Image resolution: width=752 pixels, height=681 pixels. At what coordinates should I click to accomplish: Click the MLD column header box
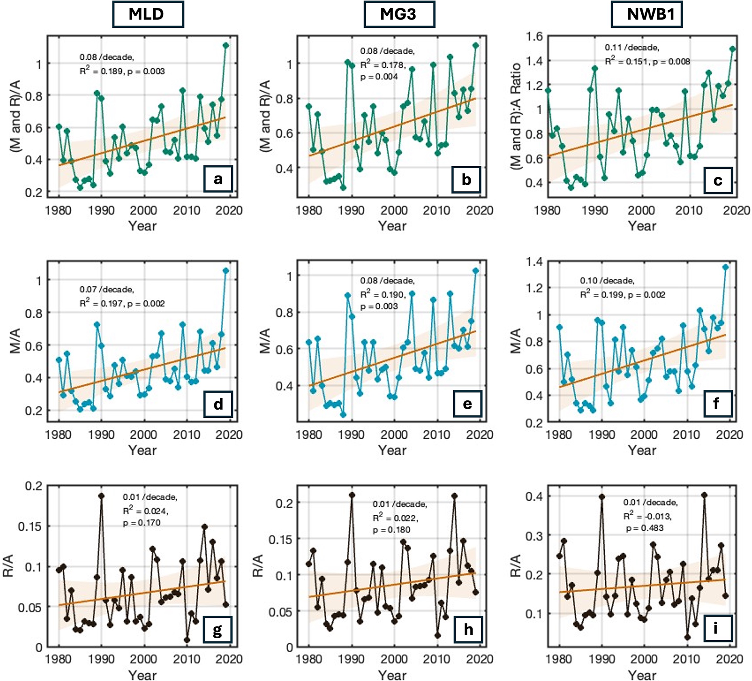pyautogui.click(x=148, y=14)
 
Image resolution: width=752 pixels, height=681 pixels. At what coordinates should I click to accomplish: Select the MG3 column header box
pyautogui.click(x=399, y=14)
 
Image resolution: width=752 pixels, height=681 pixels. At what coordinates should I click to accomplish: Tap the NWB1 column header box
pyautogui.click(x=646, y=14)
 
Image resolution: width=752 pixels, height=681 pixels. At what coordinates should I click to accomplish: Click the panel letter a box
pyautogui.click(x=218, y=179)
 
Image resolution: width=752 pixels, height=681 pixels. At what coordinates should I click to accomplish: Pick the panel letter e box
pyautogui.click(x=467, y=404)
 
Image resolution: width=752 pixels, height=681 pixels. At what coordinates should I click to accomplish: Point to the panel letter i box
pyautogui.click(x=718, y=628)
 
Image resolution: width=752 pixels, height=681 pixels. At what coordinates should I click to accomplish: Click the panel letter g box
pyautogui.click(x=218, y=630)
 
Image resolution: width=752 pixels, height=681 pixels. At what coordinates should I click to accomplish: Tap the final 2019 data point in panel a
pyautogui.click(x=226, y=46)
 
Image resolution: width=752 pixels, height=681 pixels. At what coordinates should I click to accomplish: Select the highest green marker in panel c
pyautogui.click(x=732, y=49)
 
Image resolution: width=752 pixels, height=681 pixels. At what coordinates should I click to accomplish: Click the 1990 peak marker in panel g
pyautogui.click(x=101, y=496)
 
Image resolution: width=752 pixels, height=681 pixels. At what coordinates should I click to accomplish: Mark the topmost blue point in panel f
pyautogui.click(x=726, y=267)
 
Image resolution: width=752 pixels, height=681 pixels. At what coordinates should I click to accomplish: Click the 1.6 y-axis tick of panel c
pyautogui.click(x=534, y=37)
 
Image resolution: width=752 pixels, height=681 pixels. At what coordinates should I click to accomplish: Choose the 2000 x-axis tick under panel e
pyautogui.click(x=394, y=435)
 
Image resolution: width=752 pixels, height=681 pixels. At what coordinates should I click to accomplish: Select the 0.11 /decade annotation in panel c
pyautogui.click(x=632, y=47)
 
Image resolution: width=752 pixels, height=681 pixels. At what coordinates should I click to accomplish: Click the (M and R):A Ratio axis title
pyautogui.click(x=515, y=116)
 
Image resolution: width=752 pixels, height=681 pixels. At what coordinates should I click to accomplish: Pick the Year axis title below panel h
pyautogui.click(x=392, y=675)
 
